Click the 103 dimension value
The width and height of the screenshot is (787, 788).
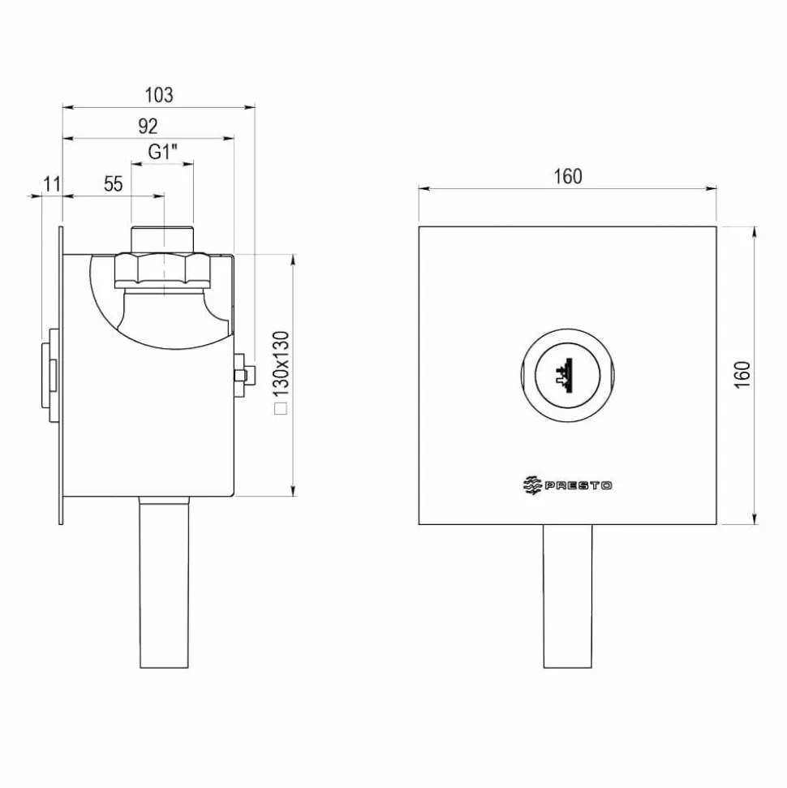pos(159,95)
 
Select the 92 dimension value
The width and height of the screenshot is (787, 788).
pos(148,126)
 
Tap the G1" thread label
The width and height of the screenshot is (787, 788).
pos(163,151)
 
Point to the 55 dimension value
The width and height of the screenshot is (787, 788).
pos(113,184)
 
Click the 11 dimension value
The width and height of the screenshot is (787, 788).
pos(52,184)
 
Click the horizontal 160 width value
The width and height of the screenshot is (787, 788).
pos(568,176)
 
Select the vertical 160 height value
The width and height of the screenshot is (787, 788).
pos(742,374)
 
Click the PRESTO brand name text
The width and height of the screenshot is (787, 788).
pos(578,485)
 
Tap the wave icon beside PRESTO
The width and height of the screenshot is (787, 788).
pos(532,485)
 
